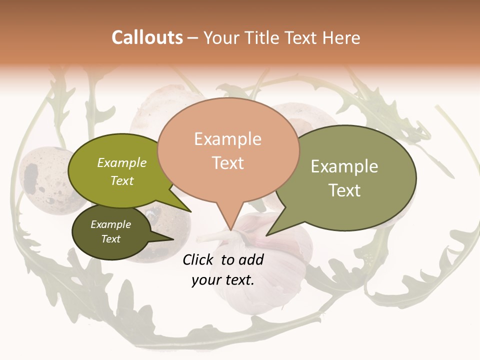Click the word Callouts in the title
click(147, 37)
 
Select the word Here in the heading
click(341, 38)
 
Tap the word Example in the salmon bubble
click(227, 139)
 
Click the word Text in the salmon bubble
click(227, 163)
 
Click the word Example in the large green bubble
click(344, 166)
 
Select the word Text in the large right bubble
click(344, 190)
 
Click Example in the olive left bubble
click(122, 162)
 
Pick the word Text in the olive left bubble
click(122, 180)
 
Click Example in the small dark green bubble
click(111, 224)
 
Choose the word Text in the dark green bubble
click(111, 239)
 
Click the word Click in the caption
click(199, 259)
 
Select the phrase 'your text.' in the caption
click(223, 280)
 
